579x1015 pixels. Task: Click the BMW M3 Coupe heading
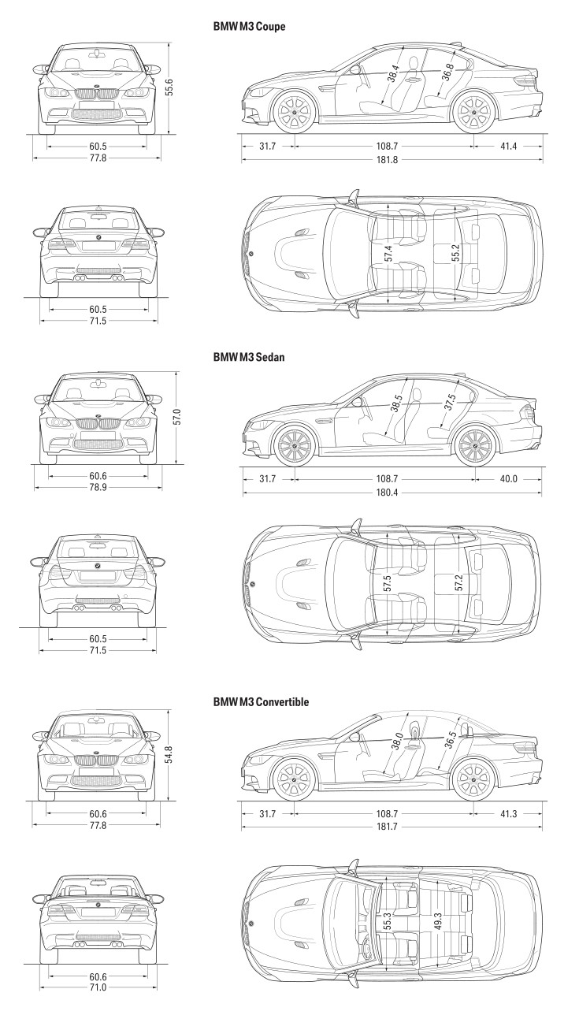click(x=249, y=26)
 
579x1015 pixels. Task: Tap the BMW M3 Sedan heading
click(x=249, y=357)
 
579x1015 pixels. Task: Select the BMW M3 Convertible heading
click(x=261, y=702)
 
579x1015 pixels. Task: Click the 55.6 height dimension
click(x=169, y=87)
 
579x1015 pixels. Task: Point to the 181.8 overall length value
click(x=387, y=159)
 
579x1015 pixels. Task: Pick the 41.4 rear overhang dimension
click(x=508, y=146)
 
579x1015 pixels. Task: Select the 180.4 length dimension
click(x=387, y=493)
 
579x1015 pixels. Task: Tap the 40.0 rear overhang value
click(x=508, y=479)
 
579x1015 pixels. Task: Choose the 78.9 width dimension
click(x=98, y=488)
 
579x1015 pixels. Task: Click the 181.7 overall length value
click(x=387, y=827)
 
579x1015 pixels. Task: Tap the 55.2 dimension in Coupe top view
click(x=455, y=253)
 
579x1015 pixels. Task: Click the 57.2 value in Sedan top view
click(x=458, y=582)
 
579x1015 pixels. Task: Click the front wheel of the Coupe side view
click(x=295, y=112)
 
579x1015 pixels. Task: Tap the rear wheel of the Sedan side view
click(x=474, y=445)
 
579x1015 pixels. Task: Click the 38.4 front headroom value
click(x=393, y=74)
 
